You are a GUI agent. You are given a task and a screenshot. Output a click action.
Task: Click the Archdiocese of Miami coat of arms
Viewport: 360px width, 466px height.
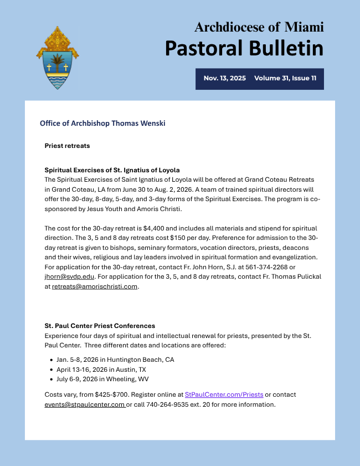tap(57, 58)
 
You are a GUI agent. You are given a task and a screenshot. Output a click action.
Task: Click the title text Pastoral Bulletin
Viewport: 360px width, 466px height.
tap(244, 48)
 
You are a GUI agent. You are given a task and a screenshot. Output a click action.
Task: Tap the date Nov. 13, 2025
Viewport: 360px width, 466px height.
tap(224, 79)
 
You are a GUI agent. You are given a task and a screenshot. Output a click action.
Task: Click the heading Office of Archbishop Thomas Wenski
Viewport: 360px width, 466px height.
tap(102, 123)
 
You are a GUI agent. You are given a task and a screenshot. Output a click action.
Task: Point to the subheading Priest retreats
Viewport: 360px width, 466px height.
tap(67, 146)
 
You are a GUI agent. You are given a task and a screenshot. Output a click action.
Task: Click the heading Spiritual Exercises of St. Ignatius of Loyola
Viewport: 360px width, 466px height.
tap(112, 170)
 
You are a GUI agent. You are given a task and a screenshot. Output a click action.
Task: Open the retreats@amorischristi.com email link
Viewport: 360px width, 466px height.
tap(95, 286)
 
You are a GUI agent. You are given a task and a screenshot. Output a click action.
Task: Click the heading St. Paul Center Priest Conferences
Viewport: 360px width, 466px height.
tap(100, 326)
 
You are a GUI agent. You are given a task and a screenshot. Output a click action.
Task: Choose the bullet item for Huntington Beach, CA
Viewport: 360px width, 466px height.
tap(115, 360)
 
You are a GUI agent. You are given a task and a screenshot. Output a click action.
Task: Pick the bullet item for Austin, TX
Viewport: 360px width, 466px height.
tap(101, 370)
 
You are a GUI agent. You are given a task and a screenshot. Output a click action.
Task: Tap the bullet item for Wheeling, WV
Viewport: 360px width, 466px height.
tap(102, 380)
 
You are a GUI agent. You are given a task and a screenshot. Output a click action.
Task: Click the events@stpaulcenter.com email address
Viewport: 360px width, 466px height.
tap(84, 404)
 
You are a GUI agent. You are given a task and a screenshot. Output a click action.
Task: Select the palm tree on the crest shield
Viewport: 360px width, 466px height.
tap(57, 60)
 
